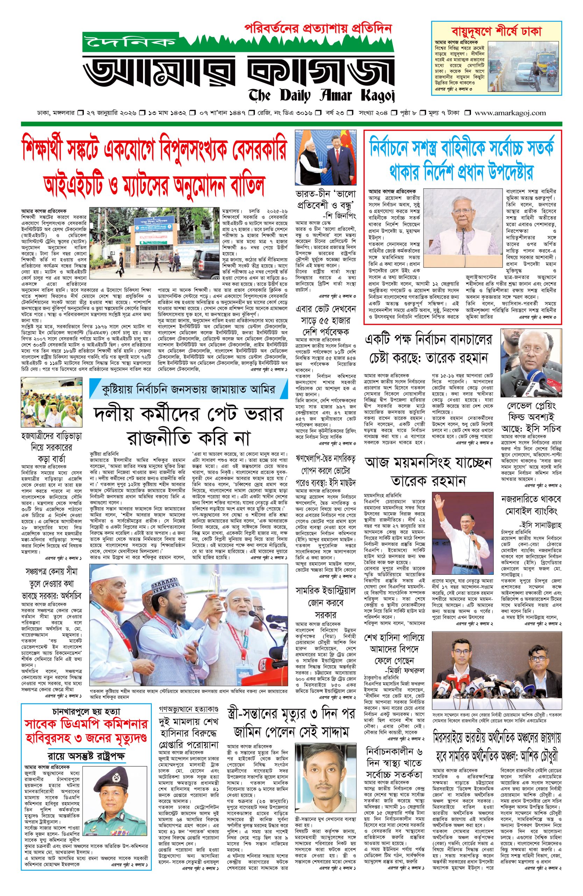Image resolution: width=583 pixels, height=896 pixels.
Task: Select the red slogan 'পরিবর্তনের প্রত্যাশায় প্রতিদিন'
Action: click(x=318, y=28)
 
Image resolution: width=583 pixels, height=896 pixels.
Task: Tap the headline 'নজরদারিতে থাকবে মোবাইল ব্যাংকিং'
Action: click(x=530, y=505)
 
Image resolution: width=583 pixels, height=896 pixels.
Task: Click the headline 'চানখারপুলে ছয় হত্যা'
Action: click(x=86, y=712)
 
